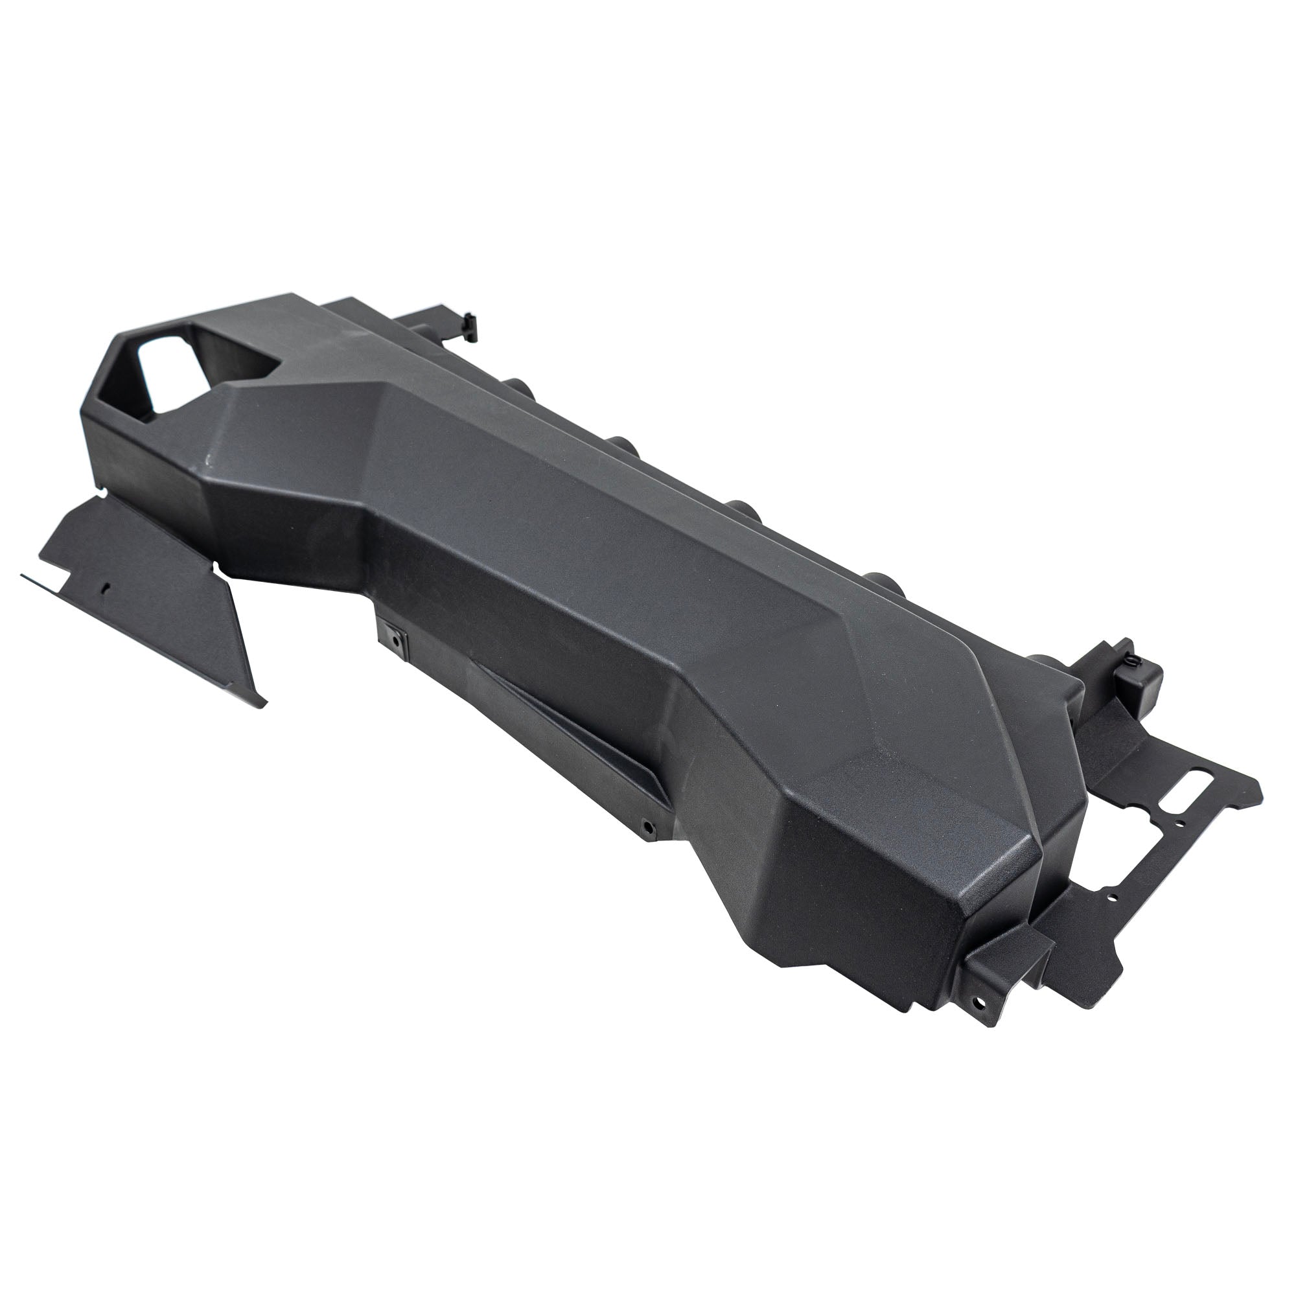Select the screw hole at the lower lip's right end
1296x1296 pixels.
pos(647,824)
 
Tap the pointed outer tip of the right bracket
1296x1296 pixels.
pos(1260,786)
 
